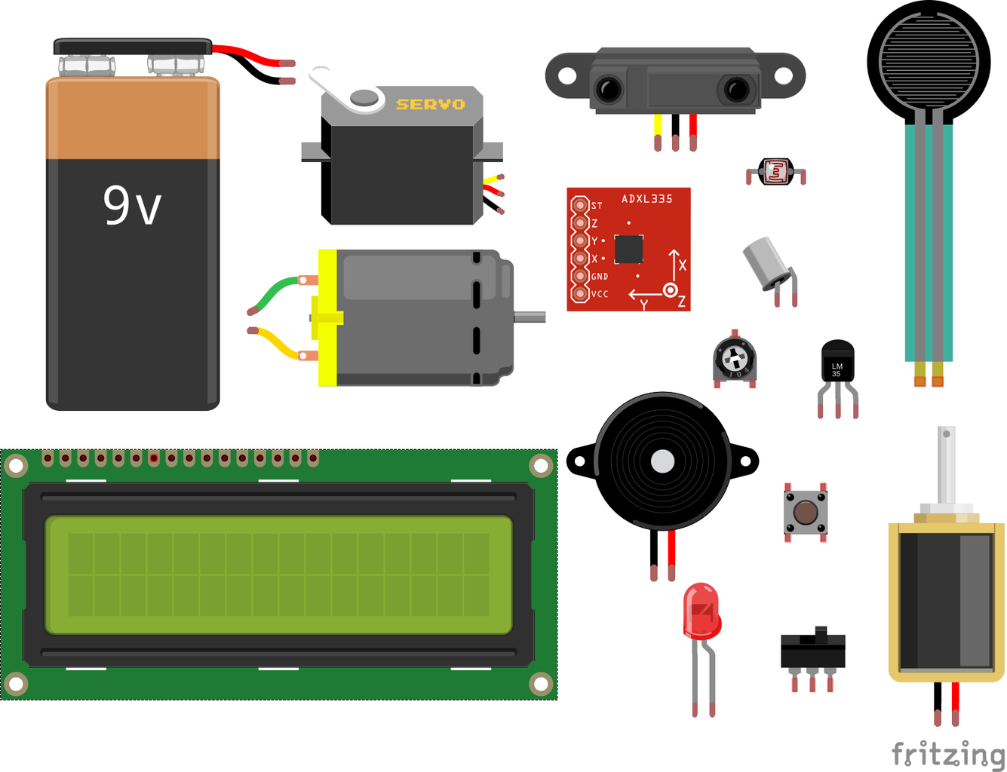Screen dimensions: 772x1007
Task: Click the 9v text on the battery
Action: [132, 205]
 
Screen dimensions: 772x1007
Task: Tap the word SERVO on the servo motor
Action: [430, 104]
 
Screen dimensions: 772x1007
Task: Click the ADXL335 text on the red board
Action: [646, 199]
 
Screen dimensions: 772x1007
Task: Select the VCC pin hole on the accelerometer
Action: [579, 293]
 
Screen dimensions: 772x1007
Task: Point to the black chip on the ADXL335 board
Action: [628, 249]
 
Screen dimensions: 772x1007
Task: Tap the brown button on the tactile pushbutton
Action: [805, 512]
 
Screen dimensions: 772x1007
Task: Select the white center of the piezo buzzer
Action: [662, 461]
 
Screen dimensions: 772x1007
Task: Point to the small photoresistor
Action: [775, 172]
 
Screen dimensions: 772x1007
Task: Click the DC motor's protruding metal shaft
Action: [530, 317]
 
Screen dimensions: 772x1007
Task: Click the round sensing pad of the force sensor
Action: [929, 60]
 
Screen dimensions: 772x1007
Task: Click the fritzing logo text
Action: [947, 753]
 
